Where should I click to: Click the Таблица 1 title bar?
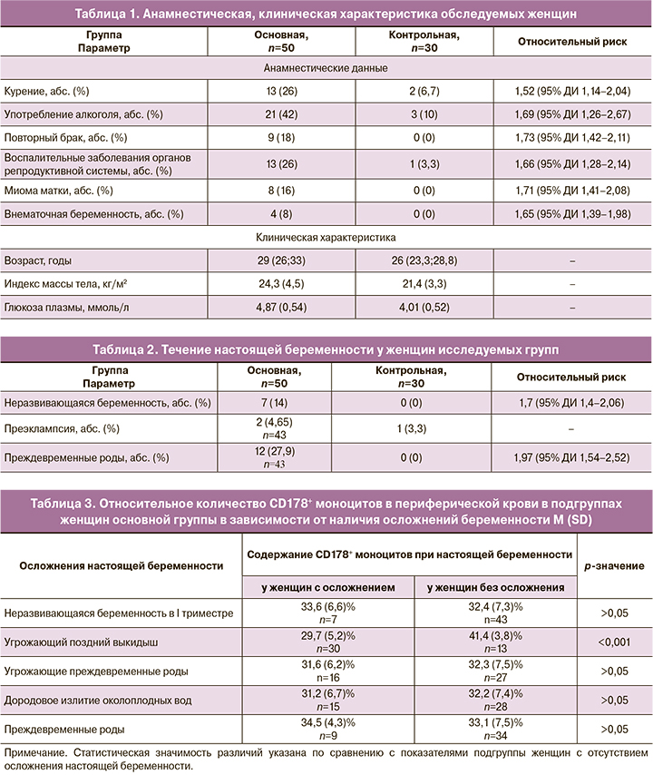pyautogui.click(x=326, y=13)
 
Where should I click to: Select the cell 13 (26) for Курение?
pyautogui.click(x=279, y=92)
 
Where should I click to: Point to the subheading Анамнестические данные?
pyautogui.click(x=326, y=69)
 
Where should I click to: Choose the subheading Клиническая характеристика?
pyautogui.click(x=326, y=240)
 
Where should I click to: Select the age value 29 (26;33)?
pyautogui.click(x=279, y=262)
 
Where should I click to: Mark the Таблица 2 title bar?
pyautogui.click(x=326, y=349)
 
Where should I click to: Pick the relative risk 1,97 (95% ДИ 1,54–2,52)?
pyautogui.click(x=572, y=456)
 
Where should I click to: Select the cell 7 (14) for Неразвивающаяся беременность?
pyautogui.click(x=279, y=401)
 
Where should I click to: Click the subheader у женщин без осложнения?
pyautogui.click(x=495, y=587)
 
